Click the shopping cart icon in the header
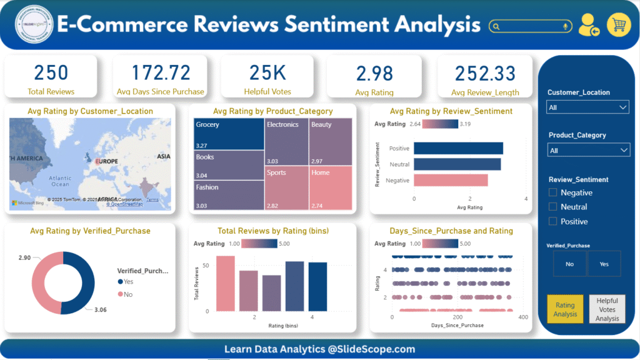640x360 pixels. click(x=619, y=26)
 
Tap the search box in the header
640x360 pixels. click(x=531, y=26)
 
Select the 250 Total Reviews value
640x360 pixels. click(x=51, y=73)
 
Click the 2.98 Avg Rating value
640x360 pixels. click(x=374, y=74)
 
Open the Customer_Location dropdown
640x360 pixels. click(x=587, y=107)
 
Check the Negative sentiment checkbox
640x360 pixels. click(x=553, y=192)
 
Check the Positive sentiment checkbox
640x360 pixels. click(x=553, y=221)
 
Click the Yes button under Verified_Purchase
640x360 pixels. click(x=604, y=264)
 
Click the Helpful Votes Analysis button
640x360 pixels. click(x=607, y=309)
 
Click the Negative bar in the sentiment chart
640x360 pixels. click(x=451, y=180)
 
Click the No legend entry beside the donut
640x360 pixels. click(x=127, y=294)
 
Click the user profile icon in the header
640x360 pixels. click(x=588, y=26)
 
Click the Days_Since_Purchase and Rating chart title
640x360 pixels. click(x=451, y=231)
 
